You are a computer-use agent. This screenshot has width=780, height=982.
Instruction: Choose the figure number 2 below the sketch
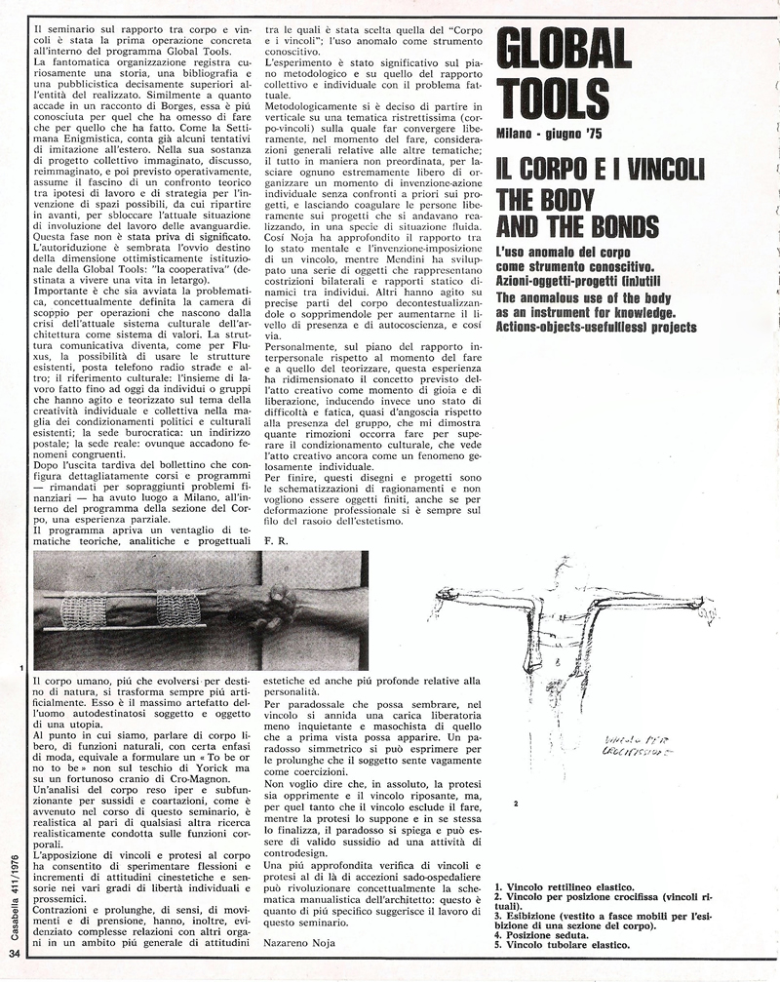click(516, 803)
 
